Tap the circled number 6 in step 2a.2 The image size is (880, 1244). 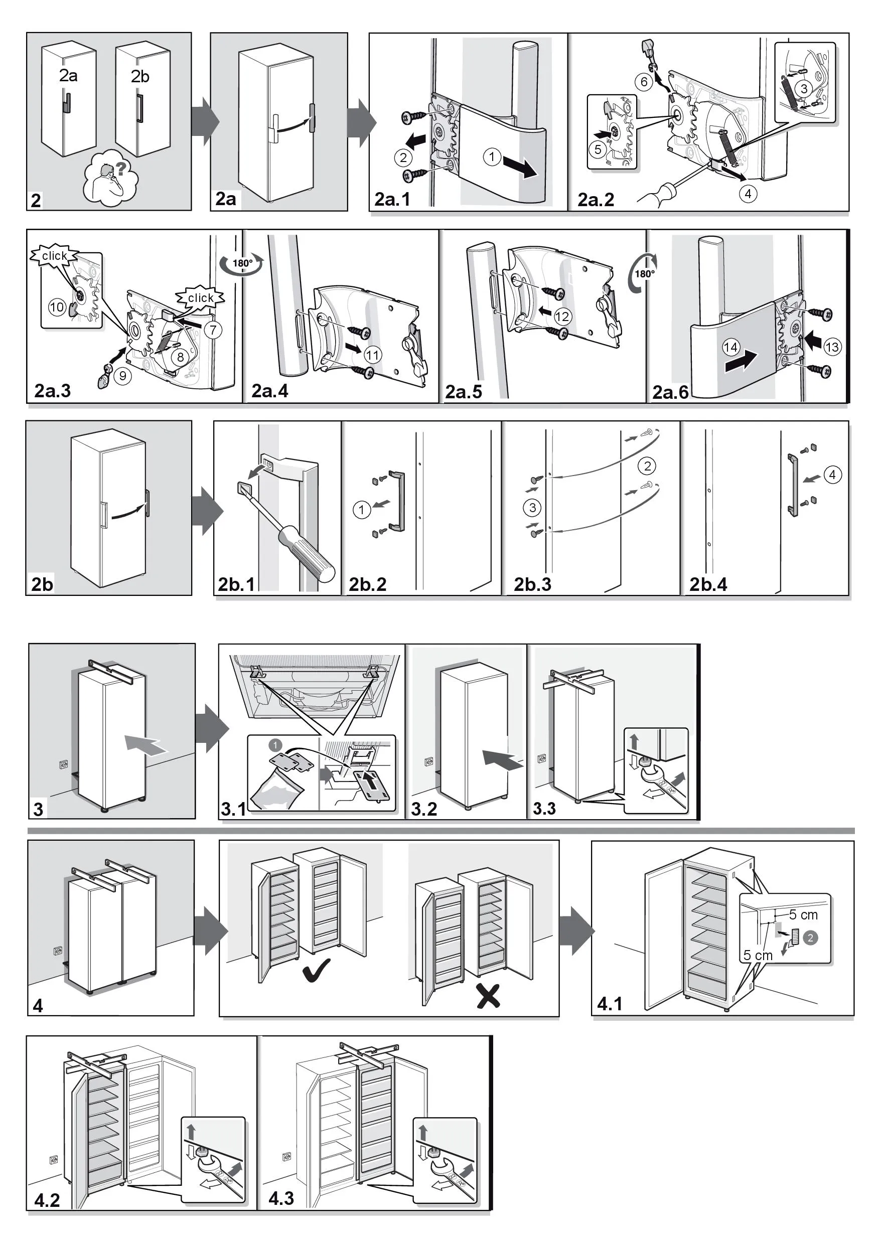click(x=644, y=82)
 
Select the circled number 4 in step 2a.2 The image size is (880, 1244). click(x=748, y=194)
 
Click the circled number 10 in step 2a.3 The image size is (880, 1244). click(x=57, y=307)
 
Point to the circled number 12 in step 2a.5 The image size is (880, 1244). click(x=562, y=317)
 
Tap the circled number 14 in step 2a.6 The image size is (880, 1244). click(x=731, y=347)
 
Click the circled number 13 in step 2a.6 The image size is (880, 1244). click(x=832, y=347)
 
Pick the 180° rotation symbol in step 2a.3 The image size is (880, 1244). click(x=242, y=264)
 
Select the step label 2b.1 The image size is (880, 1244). click(x=236, y=584)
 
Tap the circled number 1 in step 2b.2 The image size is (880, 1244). click(x=361, y=509)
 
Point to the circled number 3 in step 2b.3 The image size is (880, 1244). click(x=533, y=508)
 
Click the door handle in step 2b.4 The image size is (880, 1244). click(x=793, y=486)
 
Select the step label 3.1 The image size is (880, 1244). click(x=233, y=809)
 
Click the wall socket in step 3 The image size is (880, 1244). click(x=64, y=764)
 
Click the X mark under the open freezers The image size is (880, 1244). click(x=488, y=995)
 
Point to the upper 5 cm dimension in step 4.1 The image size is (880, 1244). click(x=803, y=915)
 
